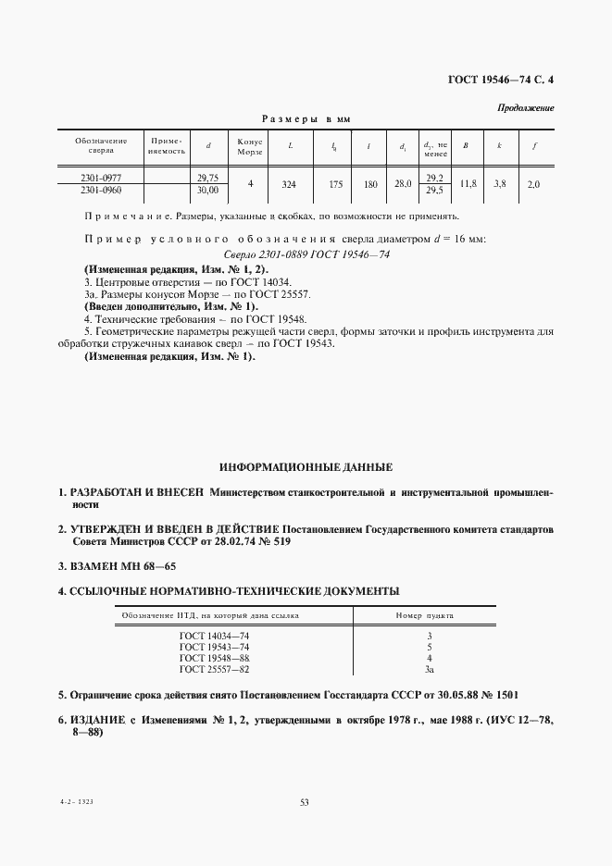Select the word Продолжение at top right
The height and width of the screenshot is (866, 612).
point(526,107)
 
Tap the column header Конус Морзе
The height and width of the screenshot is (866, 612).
point(251,145)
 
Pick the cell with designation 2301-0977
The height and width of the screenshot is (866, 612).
point(101,177)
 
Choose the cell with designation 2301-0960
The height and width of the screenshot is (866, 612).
point(101,190)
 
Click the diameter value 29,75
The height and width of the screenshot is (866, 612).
point(207,177)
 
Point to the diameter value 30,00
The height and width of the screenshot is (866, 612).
point(207,190)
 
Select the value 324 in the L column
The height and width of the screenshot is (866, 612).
point(288,184)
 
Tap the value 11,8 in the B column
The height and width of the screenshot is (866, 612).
point(468,184)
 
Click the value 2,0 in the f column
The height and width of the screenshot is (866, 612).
point(533,184)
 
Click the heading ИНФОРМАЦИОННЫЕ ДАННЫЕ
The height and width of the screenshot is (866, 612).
point(306,466)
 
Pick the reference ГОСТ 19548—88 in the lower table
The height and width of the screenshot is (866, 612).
point(214,659)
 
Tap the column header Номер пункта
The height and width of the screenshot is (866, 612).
point(429,615)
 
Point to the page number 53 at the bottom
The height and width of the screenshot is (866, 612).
point(305,802)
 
